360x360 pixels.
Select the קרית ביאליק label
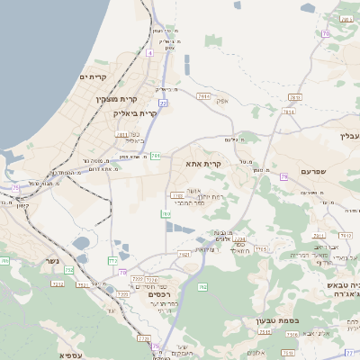[135, 114]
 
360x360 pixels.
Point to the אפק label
[222, 102]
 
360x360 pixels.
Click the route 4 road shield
[148, 53]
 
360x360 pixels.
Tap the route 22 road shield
[163, 103]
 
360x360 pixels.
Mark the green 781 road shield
[156, 156]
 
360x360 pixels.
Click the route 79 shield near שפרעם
[283, 177]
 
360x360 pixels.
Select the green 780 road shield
[166, 213]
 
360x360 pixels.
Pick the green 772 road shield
[113, 260]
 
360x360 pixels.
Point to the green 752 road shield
[68, 271]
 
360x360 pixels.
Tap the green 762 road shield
[202, 287]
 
